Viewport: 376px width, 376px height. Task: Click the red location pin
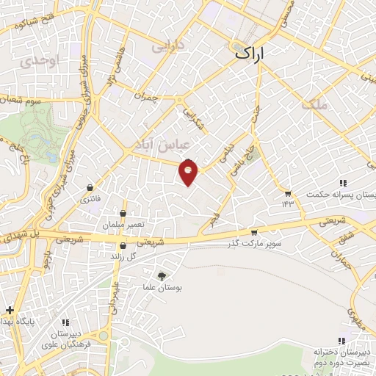coord(189,173)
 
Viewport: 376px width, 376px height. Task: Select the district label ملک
coord(314,104)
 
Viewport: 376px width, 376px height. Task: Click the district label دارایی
coord(166,46)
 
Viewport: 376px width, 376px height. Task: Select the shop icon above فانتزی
coord(90,187)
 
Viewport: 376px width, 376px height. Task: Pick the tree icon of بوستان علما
coord(162,275)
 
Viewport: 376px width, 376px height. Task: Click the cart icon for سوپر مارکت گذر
coord(254,231)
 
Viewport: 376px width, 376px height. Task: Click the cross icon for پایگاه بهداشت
coord(9,310)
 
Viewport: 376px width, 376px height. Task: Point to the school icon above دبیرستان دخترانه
coord(341,340)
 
